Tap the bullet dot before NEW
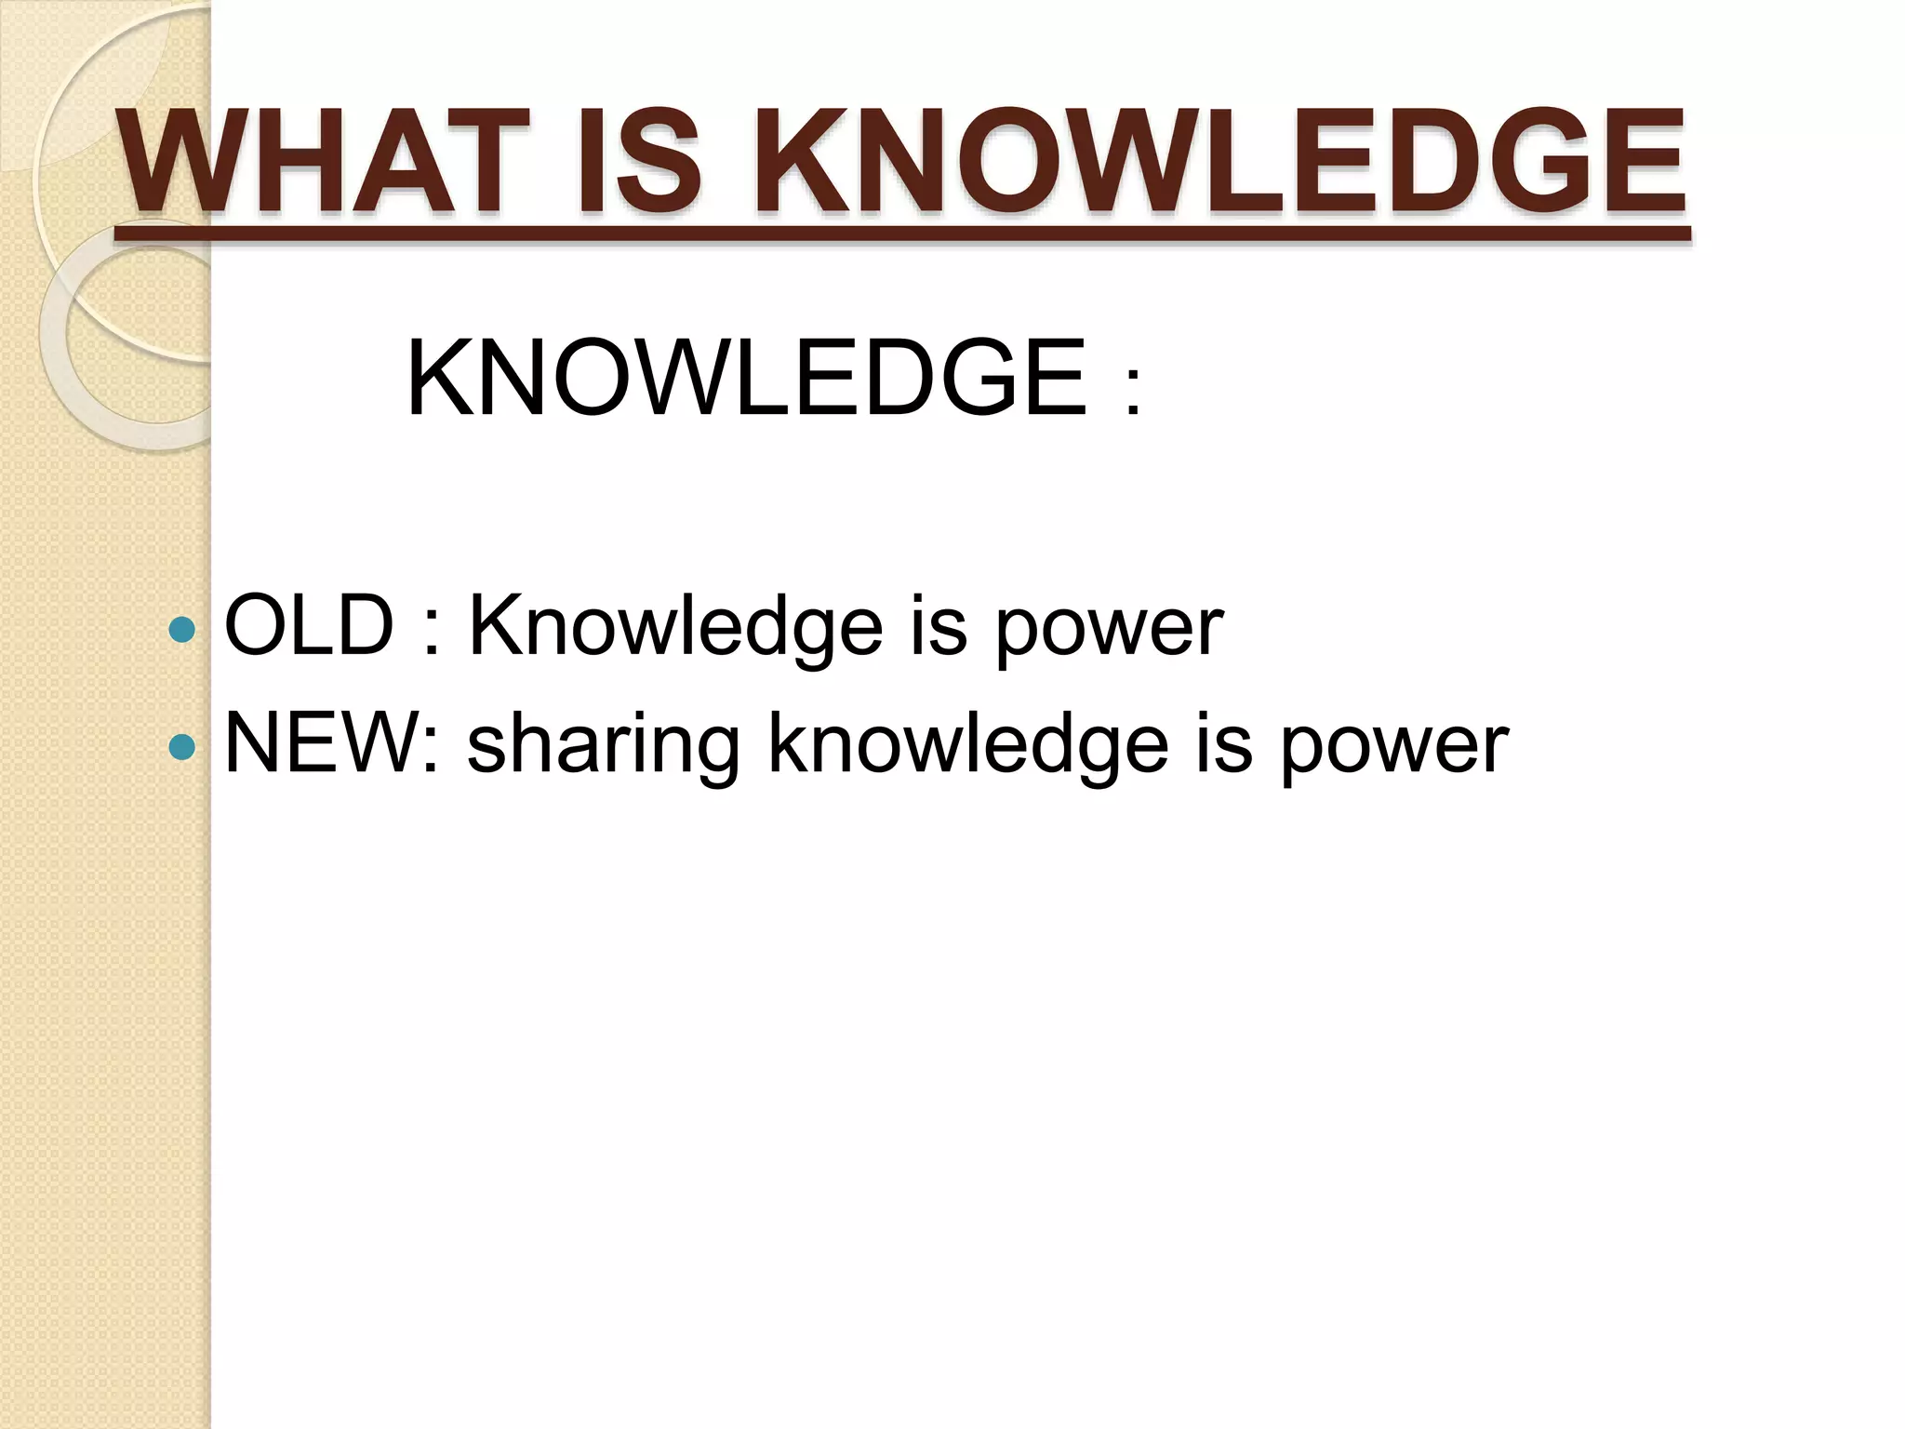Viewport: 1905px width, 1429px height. pyautogui.click(x=183, y=746)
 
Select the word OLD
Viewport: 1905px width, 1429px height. pyautogui.click(x=309, y=626)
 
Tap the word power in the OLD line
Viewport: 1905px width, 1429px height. pyautogui.click(x=1109, y=633)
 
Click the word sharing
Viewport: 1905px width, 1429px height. pyautogui.click(x=604, y=748)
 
